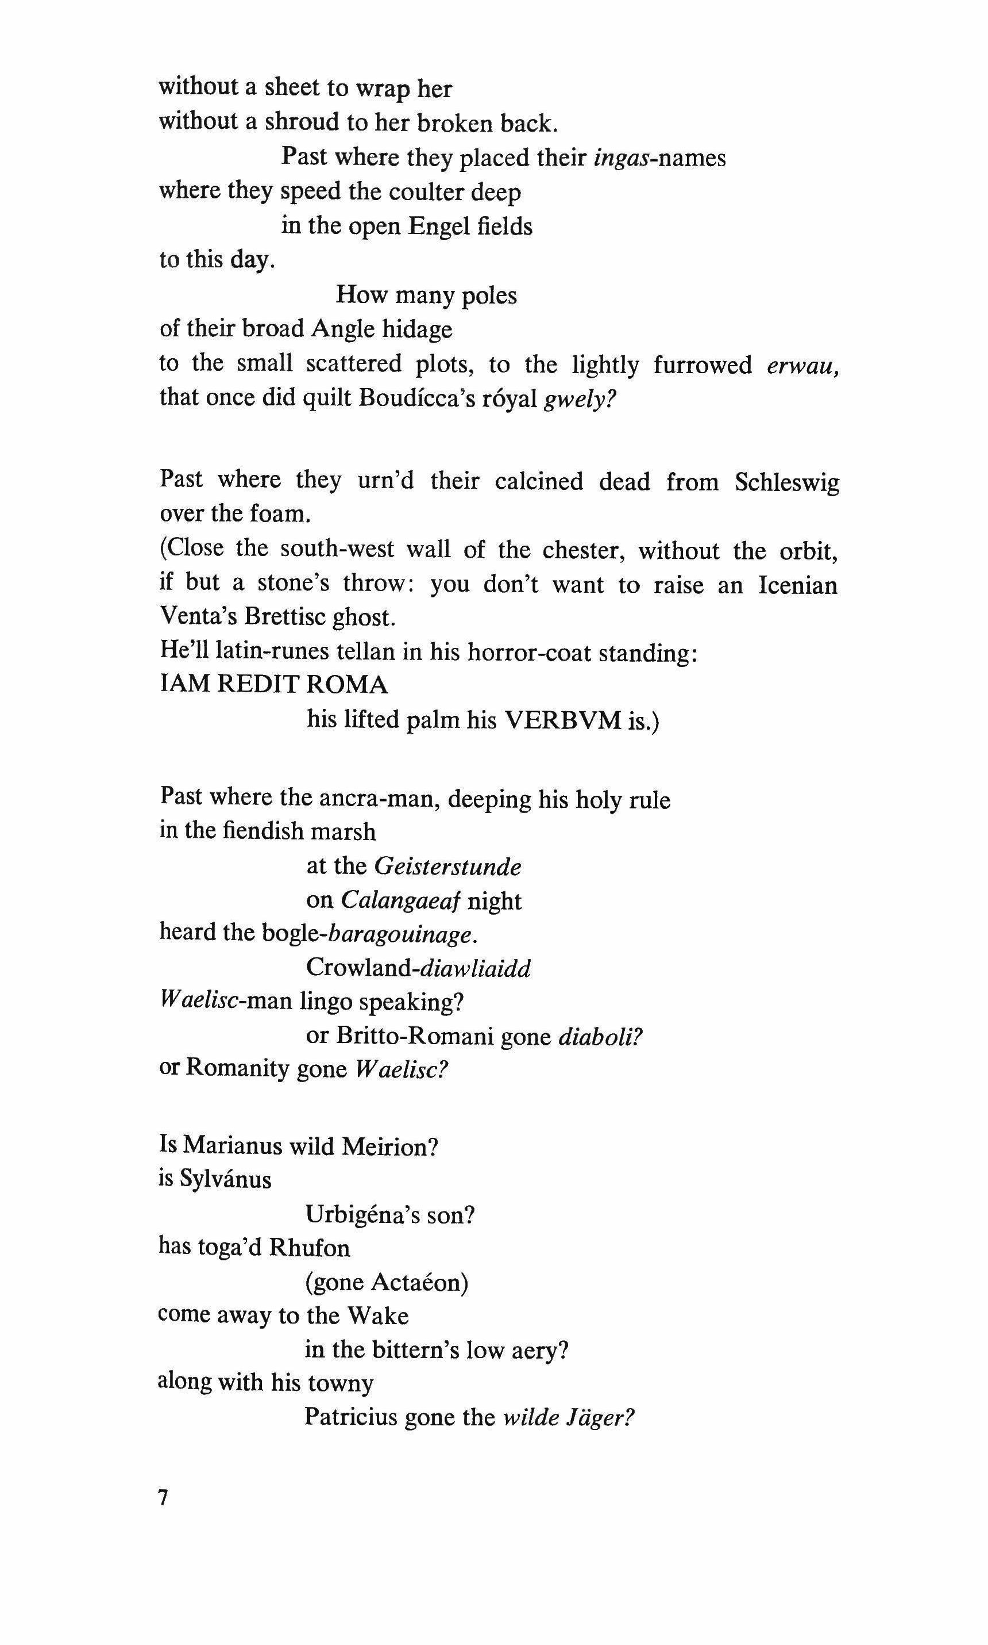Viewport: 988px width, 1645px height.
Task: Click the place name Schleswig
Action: tap(786, 482)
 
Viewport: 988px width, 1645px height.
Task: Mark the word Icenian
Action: tap(798, 584)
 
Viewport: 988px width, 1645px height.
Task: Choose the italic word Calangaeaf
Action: tap(401, 901)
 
